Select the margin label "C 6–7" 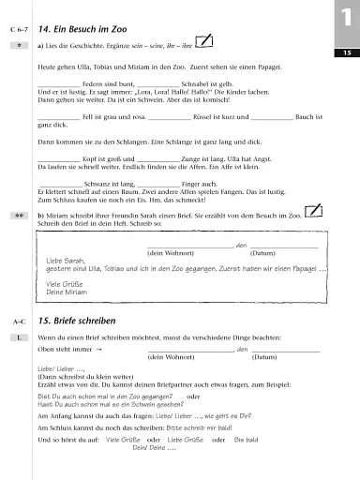(20, 30)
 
